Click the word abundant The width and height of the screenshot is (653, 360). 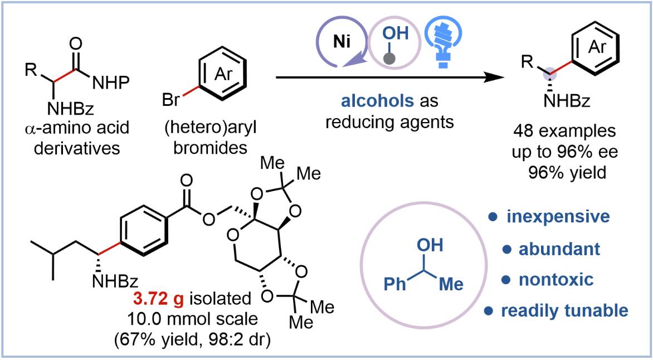click(x=560, y=249)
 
